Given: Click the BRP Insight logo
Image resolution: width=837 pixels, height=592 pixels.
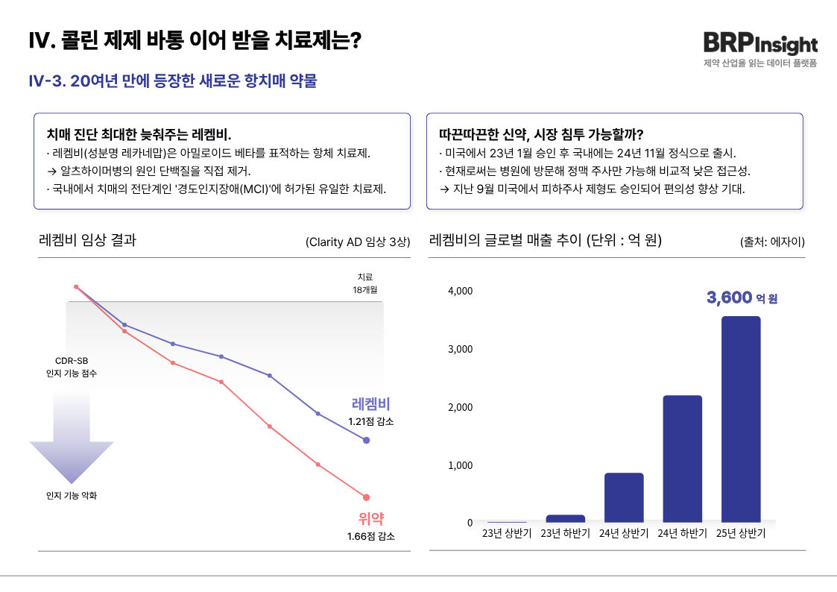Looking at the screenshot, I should [x=759, y=44].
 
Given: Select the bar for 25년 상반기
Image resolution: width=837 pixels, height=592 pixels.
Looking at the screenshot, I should [x=741, y=418].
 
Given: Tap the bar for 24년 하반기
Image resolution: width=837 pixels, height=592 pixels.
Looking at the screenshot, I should [x=682, y=458].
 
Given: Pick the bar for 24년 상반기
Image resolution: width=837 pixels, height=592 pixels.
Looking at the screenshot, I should [x=624, y=497].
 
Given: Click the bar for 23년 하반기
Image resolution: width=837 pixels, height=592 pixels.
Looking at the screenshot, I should [x=565, y=518].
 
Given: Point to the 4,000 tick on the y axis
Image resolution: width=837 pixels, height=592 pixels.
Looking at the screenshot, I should [x=460, y=290].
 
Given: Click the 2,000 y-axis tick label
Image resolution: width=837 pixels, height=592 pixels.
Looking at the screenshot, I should [x=460, y=407].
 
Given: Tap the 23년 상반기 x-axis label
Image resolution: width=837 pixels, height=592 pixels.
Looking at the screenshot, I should [x=507, y=533].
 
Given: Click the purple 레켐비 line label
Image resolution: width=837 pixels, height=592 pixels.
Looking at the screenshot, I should [x=370, y=404].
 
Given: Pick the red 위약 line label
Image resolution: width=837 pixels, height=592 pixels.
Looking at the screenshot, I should [x=370, y=519].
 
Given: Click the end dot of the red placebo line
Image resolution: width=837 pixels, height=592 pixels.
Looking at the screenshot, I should [x=366, y=497].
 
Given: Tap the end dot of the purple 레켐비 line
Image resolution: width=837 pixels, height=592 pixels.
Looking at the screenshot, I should [x=366, y=441].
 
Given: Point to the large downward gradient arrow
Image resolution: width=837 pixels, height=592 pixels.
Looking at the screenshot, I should [x=72, y=440].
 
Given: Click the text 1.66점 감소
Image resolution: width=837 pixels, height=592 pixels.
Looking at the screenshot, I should [x=370, y=536].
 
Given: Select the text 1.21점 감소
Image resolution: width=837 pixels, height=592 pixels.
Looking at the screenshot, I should [x=370, y=421].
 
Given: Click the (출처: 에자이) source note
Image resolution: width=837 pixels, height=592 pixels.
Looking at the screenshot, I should [x=772, y=242].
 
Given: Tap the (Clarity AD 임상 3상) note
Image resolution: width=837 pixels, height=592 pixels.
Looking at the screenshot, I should [x=358, y=242].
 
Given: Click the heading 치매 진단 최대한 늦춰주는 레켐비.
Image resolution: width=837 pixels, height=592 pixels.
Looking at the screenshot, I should [x=139, y=135].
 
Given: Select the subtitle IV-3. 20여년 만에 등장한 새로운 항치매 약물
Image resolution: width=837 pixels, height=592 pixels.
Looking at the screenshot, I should [x=172, y=81].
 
